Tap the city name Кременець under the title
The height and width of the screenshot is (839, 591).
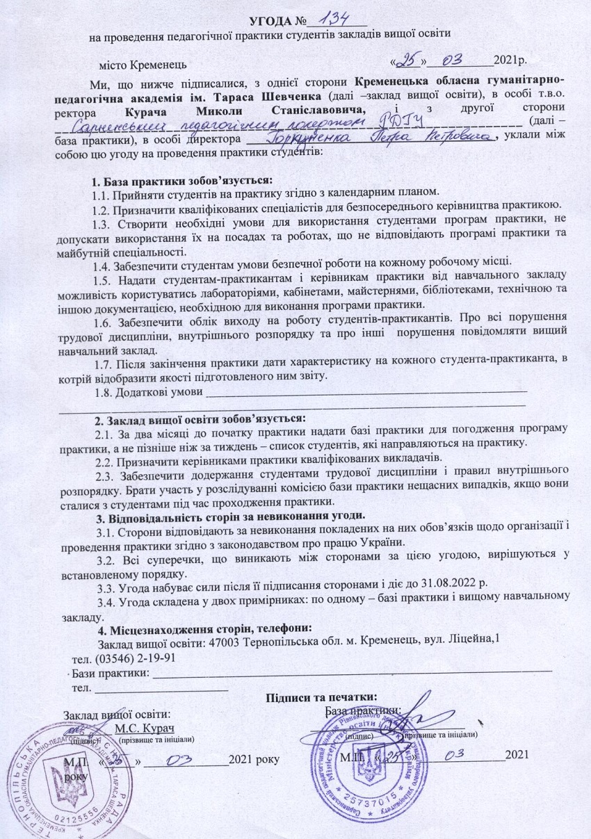click(x=159, y=65)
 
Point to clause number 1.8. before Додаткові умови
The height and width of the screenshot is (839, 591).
click(x=104, y=392)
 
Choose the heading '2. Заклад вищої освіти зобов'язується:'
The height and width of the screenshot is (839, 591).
click(x=199, y=419)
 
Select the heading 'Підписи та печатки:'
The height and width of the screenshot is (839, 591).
click(x=321, y=697)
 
